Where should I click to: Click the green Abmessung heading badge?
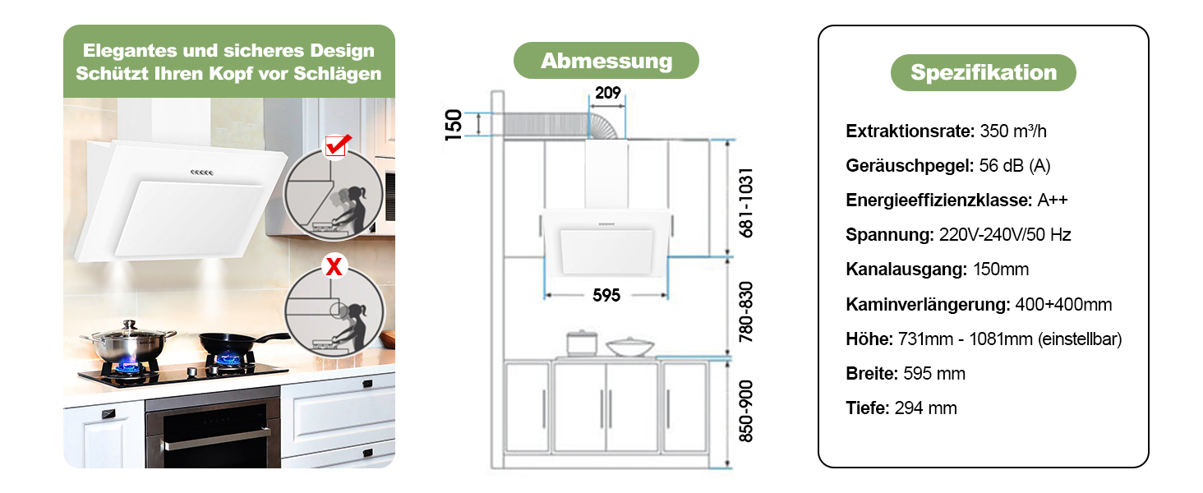(606, 61)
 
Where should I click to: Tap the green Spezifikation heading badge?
(984, 72)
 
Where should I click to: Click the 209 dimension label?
(607, 93)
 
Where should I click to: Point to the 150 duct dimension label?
(454, 125)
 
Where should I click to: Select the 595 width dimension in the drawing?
(606, 295)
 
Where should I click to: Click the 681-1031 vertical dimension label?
(746, 202)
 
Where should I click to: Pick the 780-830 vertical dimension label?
(746, 312)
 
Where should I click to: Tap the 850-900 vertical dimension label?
(746, 412)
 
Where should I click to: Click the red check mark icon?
(337, 145)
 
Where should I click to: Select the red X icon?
(334, 266)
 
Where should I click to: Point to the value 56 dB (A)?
(1015, 165)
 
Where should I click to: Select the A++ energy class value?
(1053, 200)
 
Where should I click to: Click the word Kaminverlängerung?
(929, 305)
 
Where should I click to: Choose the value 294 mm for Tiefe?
(926, 408)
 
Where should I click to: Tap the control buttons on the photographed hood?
(202, 173)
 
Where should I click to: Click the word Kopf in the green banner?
(232, 74)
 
